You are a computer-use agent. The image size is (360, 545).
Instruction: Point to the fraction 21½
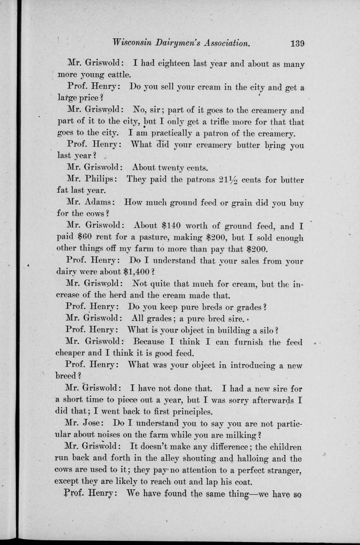(228, 180)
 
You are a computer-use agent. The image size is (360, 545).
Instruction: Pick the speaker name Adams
(99, 203)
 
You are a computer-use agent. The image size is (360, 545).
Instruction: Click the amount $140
(171, 226)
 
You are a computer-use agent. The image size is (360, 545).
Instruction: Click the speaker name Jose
(94, 423)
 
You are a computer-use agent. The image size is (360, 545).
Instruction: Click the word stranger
(283, 470)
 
